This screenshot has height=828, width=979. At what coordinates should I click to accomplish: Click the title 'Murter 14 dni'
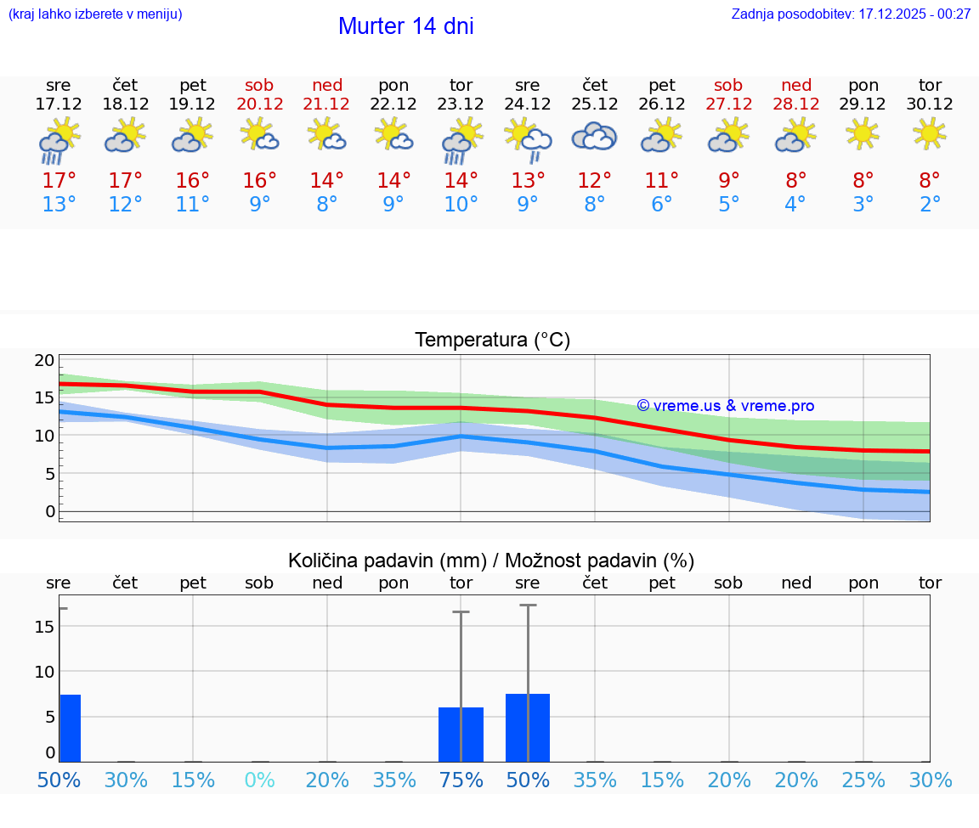point(405,26)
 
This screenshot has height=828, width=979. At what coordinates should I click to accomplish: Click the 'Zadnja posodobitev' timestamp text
point(851,14)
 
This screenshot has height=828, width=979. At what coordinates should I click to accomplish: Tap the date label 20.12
point(260,104)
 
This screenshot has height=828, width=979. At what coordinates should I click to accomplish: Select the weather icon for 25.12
point(594,137)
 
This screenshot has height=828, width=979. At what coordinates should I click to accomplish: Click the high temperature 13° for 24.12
point(528,181)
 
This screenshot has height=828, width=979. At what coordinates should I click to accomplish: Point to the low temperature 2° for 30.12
point(930,204)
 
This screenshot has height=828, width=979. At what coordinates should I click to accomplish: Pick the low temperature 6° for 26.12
point(661,204)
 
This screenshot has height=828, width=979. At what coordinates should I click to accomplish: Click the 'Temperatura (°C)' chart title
point(492,341)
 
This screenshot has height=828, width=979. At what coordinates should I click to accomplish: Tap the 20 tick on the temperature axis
point(44,360)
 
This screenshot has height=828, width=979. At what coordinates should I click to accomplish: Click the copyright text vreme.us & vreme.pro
point(726,406)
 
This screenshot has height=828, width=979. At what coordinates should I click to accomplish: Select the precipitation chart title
point(491,560)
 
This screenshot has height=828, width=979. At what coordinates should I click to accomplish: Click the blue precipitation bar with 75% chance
point(461,735)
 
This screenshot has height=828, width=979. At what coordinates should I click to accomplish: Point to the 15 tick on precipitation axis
point(44,627)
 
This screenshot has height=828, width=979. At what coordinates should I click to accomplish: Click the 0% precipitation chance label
point(259,780)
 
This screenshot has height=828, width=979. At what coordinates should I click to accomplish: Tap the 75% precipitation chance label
point(461,780)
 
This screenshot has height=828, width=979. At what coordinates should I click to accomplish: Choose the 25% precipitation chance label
point(863,780)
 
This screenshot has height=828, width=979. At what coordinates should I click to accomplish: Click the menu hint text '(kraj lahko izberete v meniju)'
point(95,14)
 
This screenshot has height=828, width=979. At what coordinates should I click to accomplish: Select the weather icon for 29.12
point(863,133)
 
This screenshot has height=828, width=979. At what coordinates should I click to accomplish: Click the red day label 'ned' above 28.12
point(796,85)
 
